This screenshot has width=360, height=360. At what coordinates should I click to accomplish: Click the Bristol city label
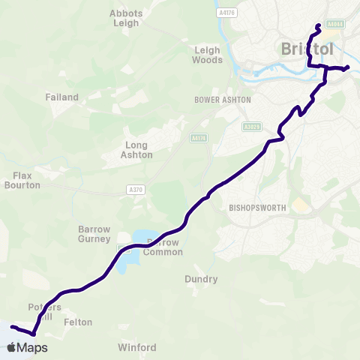pos(307,49)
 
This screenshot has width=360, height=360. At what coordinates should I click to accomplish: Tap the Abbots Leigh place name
pos(126,18)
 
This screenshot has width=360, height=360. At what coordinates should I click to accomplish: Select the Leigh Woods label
pos(207,55)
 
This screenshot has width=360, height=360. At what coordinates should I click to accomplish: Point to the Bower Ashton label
pos(223,99)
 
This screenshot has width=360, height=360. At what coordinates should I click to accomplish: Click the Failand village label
pos(61,97)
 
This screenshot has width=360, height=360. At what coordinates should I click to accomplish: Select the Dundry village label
pos(201,280)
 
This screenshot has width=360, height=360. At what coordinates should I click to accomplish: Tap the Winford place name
pos(137,348)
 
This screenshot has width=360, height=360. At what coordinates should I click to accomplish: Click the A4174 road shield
pos(198,138)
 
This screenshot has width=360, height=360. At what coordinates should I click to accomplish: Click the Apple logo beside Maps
pos(11,348)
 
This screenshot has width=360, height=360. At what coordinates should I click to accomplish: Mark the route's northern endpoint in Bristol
pos(319,26)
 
